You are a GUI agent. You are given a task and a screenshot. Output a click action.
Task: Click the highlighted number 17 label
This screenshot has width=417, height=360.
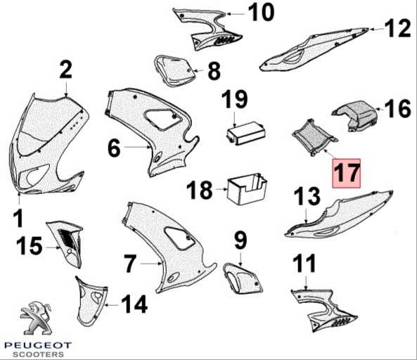[x=347, y=173]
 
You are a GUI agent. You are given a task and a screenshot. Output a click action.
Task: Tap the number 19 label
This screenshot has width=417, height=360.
[x=235, y=99]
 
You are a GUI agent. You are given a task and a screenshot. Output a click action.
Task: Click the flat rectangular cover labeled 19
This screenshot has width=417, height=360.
[x=246, y=133]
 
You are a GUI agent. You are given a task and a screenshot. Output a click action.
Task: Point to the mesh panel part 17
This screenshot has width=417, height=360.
[x=314, y=136]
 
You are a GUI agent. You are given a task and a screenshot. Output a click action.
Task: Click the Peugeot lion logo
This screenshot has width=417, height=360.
[x=37, y=318]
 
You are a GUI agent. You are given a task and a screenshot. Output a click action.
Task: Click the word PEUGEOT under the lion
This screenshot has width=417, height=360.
[x=38, y=345]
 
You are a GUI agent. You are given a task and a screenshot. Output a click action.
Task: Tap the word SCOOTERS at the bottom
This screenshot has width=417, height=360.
[x=38, y=354]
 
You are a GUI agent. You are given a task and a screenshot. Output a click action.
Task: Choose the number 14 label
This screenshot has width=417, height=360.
[x=134, y=304]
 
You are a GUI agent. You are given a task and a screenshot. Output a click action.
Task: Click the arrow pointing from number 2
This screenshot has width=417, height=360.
[x=66, y=89]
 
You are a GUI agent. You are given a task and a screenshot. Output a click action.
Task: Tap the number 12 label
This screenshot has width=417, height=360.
[x=397, y=28]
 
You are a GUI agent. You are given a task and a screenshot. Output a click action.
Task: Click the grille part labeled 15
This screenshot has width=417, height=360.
[x=65, y=243]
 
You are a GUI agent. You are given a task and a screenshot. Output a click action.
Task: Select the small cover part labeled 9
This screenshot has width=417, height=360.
[x=242, y=278]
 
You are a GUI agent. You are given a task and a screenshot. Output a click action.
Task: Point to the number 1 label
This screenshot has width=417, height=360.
[x=19, y=218]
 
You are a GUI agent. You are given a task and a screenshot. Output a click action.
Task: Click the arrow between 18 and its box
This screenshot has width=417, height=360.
[x=222, y=189]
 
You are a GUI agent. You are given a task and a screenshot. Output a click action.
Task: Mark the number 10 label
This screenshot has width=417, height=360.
[x=261, y=12]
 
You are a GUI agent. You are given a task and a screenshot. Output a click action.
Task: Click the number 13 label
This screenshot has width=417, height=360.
[x=307, y=196]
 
